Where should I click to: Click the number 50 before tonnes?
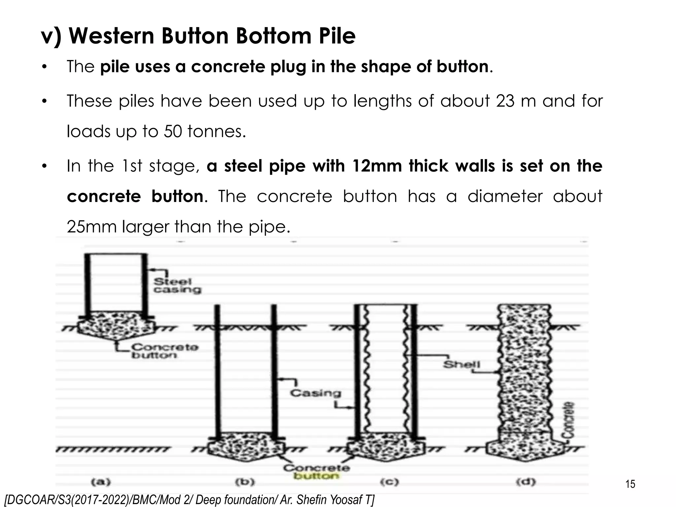click(172, 132)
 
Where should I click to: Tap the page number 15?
click(630, 484)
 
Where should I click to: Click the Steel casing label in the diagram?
click(177, 286)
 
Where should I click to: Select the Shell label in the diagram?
click(461, 364)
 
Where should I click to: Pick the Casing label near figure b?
click(315, 393)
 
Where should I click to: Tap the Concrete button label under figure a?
click(164, 351)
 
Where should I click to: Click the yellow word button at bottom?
click(316, 476)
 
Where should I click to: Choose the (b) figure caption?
click(245, 482)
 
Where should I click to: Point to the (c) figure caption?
click(389, 482)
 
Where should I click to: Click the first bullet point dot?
click(44, 67)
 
